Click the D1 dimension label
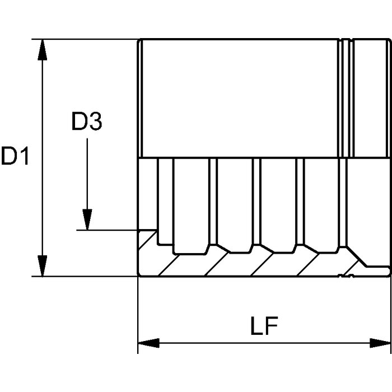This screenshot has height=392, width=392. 15,156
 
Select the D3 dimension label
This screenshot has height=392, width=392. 87,122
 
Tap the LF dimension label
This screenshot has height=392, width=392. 264,326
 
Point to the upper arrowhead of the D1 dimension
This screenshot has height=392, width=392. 42,49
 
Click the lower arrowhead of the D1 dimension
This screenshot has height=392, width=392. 42,266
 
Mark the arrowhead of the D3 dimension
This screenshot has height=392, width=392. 87,220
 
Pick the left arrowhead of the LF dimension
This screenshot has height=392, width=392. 148,343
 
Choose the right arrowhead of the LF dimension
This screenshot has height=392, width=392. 380,343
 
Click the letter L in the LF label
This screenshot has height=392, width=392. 256,326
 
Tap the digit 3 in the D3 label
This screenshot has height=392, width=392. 96,122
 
